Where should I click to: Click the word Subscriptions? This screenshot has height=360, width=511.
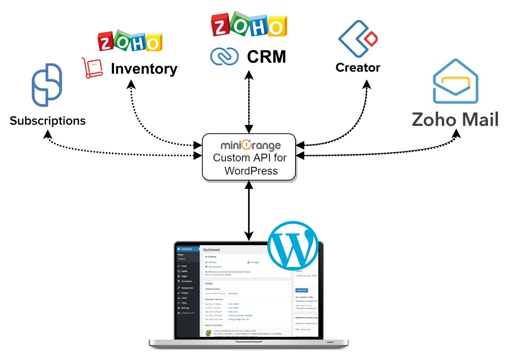click(47, 121)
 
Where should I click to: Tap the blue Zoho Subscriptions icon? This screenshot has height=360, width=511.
click(47, 85)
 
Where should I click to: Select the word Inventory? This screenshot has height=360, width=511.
click(144, 69)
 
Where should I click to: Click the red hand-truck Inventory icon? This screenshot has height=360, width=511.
click(92, 68)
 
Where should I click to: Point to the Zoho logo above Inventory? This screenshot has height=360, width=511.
click(130, 42)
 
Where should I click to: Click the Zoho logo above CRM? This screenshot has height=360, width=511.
click(249, 24)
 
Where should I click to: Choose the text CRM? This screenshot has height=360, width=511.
click(266, 57)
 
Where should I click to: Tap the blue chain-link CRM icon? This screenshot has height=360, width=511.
click(224, 56)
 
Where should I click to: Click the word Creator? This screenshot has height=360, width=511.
click(358, 67)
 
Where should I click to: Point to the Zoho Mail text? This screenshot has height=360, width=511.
click(455, 119)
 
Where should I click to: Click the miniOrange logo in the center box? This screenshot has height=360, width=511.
click(250, 145)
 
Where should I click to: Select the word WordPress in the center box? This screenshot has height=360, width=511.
click(251, 171)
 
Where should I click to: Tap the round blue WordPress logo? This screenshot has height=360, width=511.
click(293, 246)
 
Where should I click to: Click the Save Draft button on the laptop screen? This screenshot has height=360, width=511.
click(302, 290)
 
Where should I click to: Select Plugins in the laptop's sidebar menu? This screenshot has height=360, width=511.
click(185, 293)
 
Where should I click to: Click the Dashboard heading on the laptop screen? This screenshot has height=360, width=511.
click(211, 250)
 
